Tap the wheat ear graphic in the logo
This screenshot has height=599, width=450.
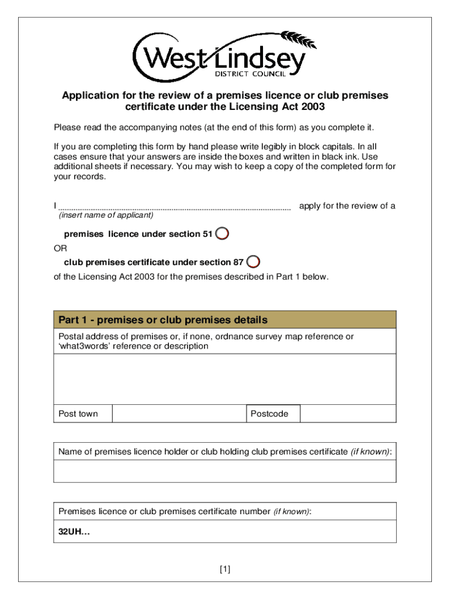click(x=299, y=40)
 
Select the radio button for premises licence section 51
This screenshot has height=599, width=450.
click(x=222, y=234)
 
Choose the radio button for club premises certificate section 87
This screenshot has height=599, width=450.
click(x=253, y=261)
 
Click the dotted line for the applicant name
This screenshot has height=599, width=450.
click(x=175, y=207)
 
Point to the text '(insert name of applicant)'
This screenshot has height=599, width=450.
click(x=106, y=215)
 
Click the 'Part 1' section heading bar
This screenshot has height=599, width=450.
click(x=224, y=320)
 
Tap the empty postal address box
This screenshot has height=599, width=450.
click(x=224, y=379)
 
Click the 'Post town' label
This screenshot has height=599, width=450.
click(x=78, y=414)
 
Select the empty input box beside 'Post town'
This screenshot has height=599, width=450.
click(x=178, y=414)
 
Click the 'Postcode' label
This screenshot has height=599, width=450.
click(x=269, y=414)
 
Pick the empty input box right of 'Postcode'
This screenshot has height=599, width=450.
click(x=348, y=414)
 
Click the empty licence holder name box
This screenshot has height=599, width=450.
click(x=224, y=471)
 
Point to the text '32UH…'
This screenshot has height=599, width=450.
click(x=75, y=532)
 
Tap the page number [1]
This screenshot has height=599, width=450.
click(x=225, y=569)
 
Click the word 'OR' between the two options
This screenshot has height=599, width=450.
click(x=60, y=248)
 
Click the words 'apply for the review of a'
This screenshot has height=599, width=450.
click(x=347, y=206)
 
